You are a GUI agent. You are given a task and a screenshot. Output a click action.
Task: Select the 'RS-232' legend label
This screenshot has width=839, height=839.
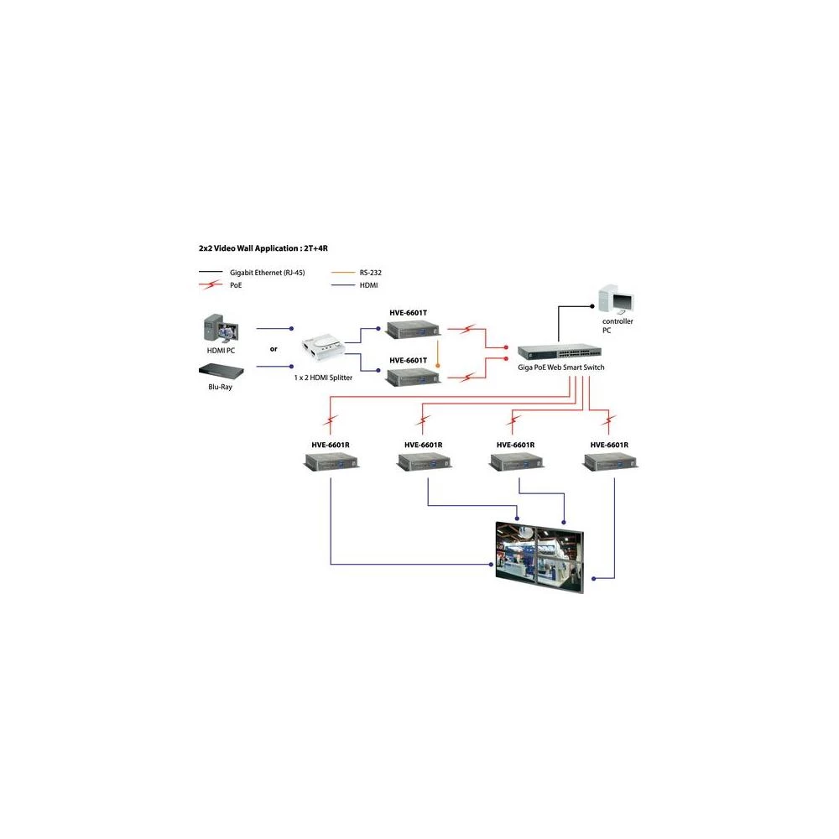pos(370,272)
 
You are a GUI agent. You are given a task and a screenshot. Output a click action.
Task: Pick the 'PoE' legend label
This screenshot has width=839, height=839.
pos(237,285)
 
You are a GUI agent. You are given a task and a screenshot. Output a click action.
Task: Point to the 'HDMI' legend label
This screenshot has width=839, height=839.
pos(367,285)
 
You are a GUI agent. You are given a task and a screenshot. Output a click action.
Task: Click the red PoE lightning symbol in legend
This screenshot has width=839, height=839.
pos(210,285)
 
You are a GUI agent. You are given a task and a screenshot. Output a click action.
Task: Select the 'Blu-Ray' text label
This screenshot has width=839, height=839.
pos(221,387)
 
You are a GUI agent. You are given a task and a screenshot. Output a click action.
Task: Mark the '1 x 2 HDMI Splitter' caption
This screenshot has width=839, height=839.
pos(323,378)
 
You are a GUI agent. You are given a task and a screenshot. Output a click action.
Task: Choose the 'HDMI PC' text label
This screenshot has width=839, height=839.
pos(221,350)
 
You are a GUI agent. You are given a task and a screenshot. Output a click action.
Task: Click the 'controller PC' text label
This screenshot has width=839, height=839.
pos(618,326)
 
